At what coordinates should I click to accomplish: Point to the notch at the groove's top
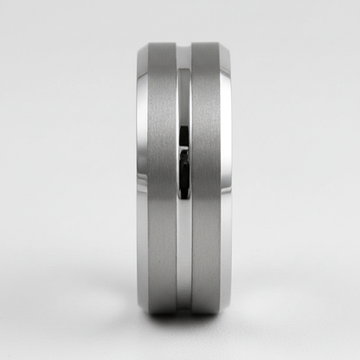coord(184,46)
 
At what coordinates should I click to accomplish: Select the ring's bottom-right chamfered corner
coord(228,305)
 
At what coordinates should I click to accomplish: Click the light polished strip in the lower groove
coord(184,251)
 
